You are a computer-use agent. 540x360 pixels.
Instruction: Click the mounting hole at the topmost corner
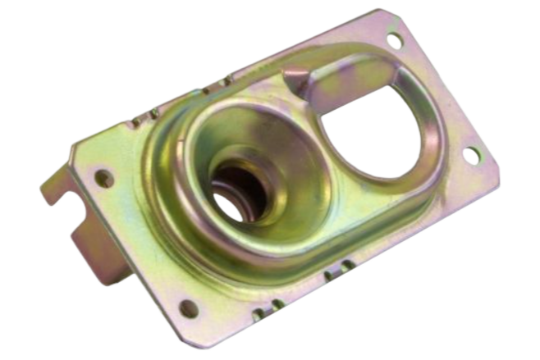tap(393, 39)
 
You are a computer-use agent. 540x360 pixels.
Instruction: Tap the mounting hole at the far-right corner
tap(471, 153)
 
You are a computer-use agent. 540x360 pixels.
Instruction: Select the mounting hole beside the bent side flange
tap(103, 176)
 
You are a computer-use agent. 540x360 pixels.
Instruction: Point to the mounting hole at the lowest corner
tap(189, 308)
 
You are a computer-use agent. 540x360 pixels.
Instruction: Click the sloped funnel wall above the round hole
tap(246, 131)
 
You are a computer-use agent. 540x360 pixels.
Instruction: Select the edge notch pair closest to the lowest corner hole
tap(268, 308)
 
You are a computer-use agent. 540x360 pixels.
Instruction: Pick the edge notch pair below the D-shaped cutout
tap(338, 269)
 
